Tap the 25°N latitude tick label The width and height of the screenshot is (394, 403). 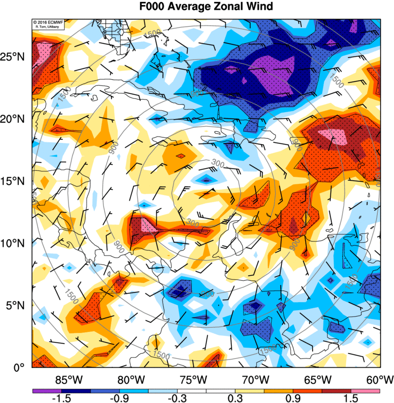pos(15,57)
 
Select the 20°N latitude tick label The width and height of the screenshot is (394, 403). pos(15,119)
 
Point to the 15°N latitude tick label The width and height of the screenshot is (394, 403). pos(15,181)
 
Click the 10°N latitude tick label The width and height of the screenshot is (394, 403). pos(15,243)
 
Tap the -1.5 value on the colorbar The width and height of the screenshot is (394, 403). pos(61,398)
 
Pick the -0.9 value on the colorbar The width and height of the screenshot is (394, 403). pos(119,398)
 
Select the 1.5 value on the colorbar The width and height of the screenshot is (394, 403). pos(351,398)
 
